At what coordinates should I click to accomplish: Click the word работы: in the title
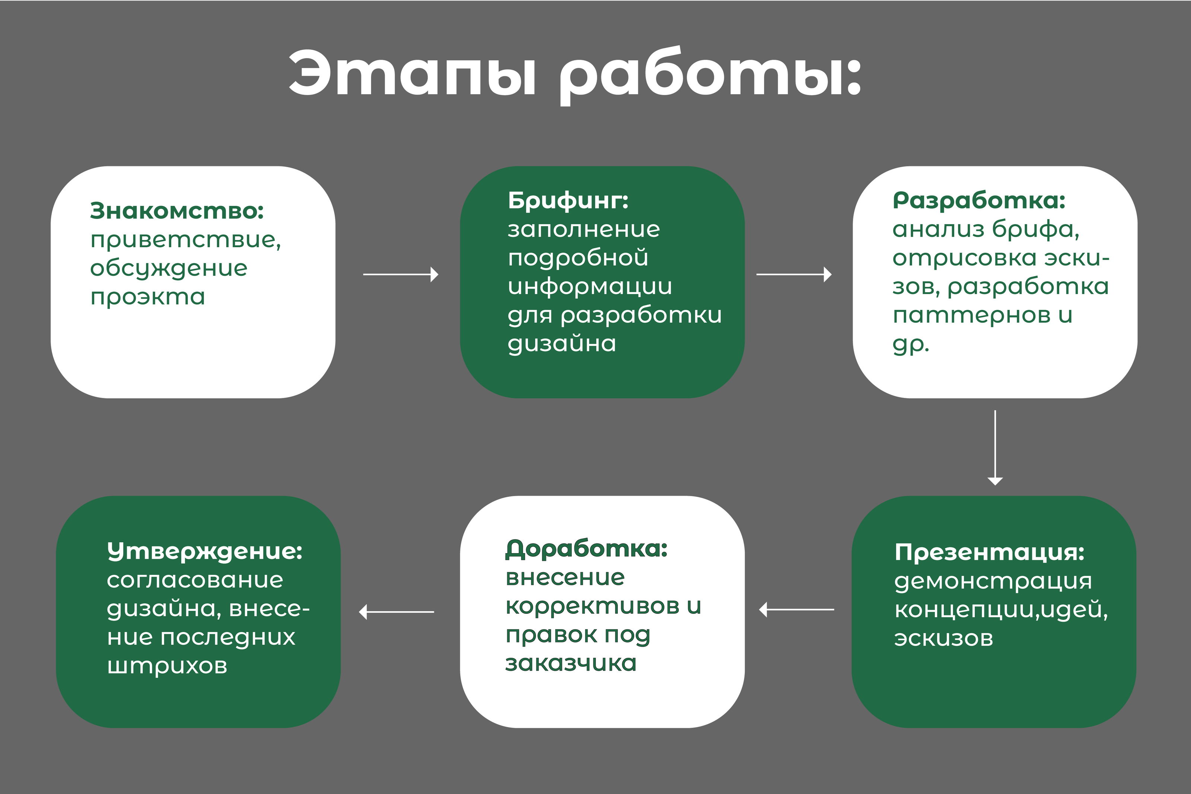tap(711, 76)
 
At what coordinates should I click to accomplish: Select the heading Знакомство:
tap(177, 211)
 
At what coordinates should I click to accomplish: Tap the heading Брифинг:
tap(568, 201)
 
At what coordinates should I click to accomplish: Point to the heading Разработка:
tap(979, 201)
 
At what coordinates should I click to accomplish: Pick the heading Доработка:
tap(587, 549)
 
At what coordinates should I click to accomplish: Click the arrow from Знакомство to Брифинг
tap(401, 274)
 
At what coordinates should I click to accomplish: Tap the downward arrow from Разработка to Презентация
tap(995, 448)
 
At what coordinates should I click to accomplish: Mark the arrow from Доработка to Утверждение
tap(396, 612)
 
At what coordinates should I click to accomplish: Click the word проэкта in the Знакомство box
tap(148, 297)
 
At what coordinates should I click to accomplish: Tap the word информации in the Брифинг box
tap(590, 287)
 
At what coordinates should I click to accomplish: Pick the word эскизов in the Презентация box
tap(943, 638)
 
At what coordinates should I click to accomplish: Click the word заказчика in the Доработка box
tap(571, 663)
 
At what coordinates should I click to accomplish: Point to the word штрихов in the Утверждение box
tap(167, 666)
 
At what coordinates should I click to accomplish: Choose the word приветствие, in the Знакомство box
tap(186, 240)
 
